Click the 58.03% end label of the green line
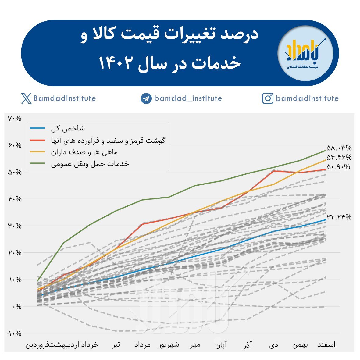pos(339,148)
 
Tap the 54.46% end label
pos(339,157)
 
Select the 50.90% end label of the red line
pos(338,167)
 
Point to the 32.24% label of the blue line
pos(339,217)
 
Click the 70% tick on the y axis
pos(14,118)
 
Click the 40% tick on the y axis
pos(14,199)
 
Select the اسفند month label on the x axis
pos(326,345)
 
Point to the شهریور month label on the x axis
pos(169,345)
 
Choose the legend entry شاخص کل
pos(68,128)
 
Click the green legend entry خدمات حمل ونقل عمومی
pos(90,164)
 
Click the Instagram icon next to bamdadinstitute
pos(268,98)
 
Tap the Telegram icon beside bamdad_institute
pos(146,98)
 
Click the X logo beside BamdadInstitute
pos(27,98)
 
